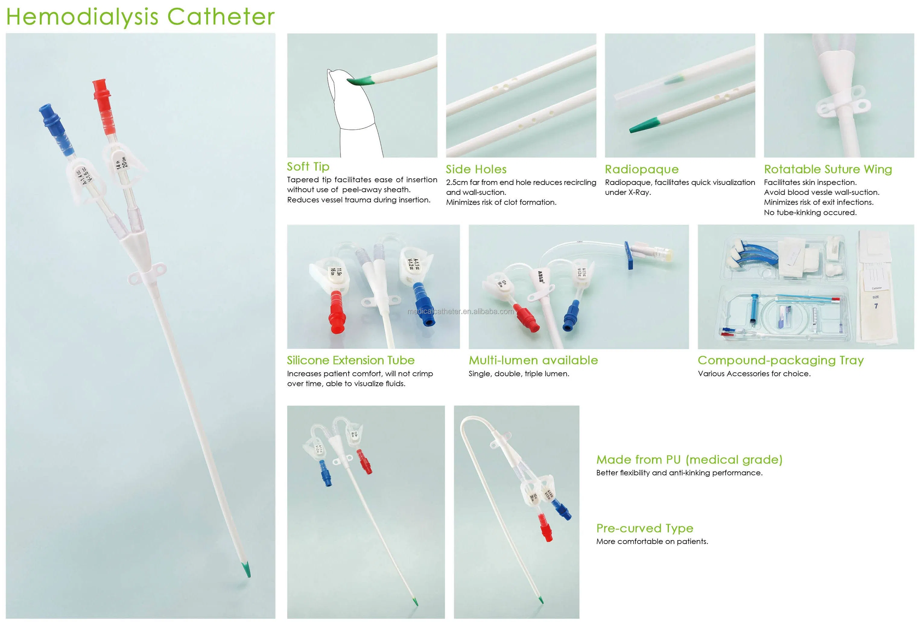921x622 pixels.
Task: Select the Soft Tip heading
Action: click(308, 167)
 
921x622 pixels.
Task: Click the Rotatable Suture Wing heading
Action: click(828, 170)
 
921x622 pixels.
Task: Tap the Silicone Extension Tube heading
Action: click(350, 360)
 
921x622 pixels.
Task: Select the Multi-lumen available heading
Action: click(533, 360)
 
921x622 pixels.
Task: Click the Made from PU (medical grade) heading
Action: click(689, 460)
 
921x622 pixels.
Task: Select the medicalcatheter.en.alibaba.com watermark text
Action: click(460, 311)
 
